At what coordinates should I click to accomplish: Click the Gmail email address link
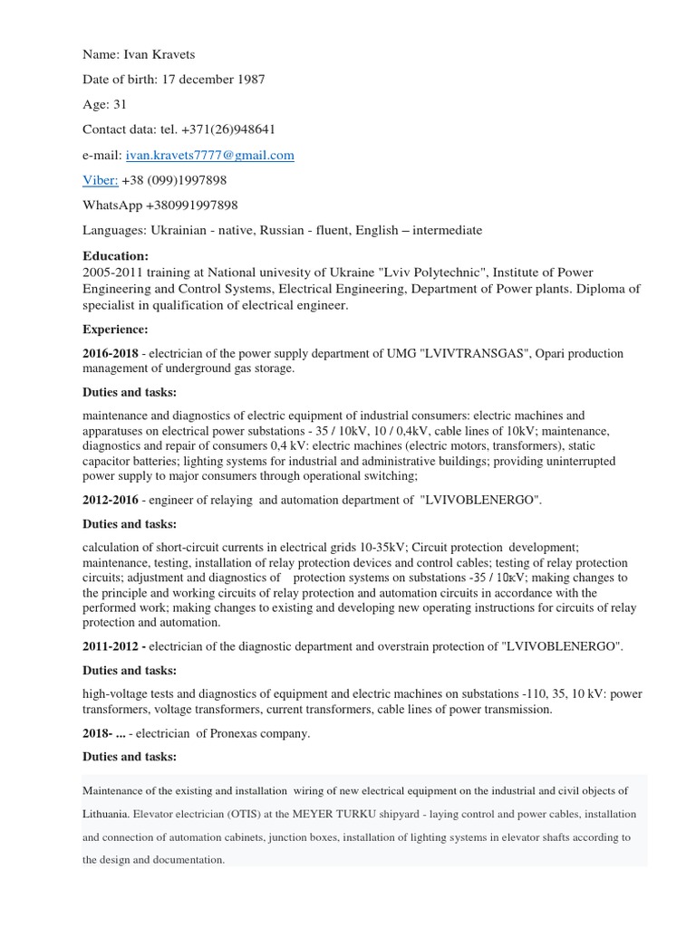216,156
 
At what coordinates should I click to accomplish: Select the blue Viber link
100,181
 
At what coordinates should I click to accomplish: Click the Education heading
115,256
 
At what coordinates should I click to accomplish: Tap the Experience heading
115,329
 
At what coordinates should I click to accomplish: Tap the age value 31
120,105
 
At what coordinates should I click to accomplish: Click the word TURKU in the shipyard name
408,814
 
